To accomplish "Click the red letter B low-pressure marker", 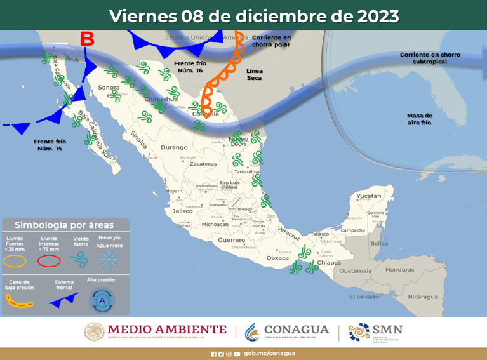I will (88, 39).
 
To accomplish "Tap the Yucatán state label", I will (369, 196).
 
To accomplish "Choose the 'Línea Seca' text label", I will (254, 74).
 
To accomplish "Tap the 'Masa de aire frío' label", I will (419, 119).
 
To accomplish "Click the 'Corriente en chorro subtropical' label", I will (430, 58).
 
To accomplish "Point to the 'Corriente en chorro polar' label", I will (270, 41).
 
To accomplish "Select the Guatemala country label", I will (359, 270).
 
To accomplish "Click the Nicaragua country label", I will (422, 297).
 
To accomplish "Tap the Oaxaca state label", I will (277, 258).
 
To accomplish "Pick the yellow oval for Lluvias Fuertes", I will (15, 260).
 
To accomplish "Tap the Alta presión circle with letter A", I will (102, 300).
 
